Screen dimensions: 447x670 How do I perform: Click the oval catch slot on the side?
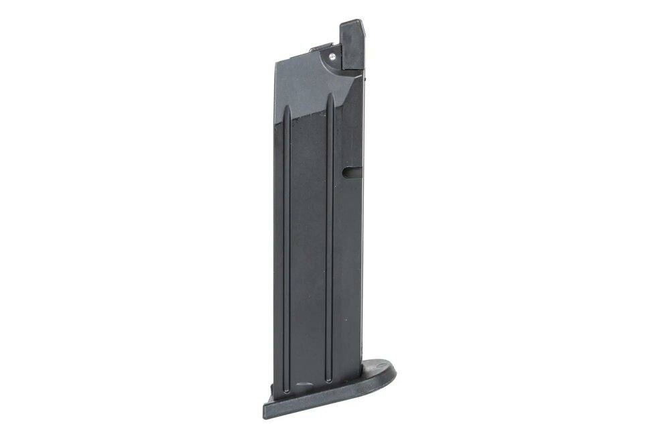[x=348, y=172]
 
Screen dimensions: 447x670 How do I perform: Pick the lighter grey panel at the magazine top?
[x=305, y=87]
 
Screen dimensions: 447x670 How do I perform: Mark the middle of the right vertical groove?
[x=330, y=241]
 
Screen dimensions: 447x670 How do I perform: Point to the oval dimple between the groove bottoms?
[x=306, y=387]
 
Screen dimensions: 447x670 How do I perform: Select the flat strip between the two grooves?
[x=308, y=248]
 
